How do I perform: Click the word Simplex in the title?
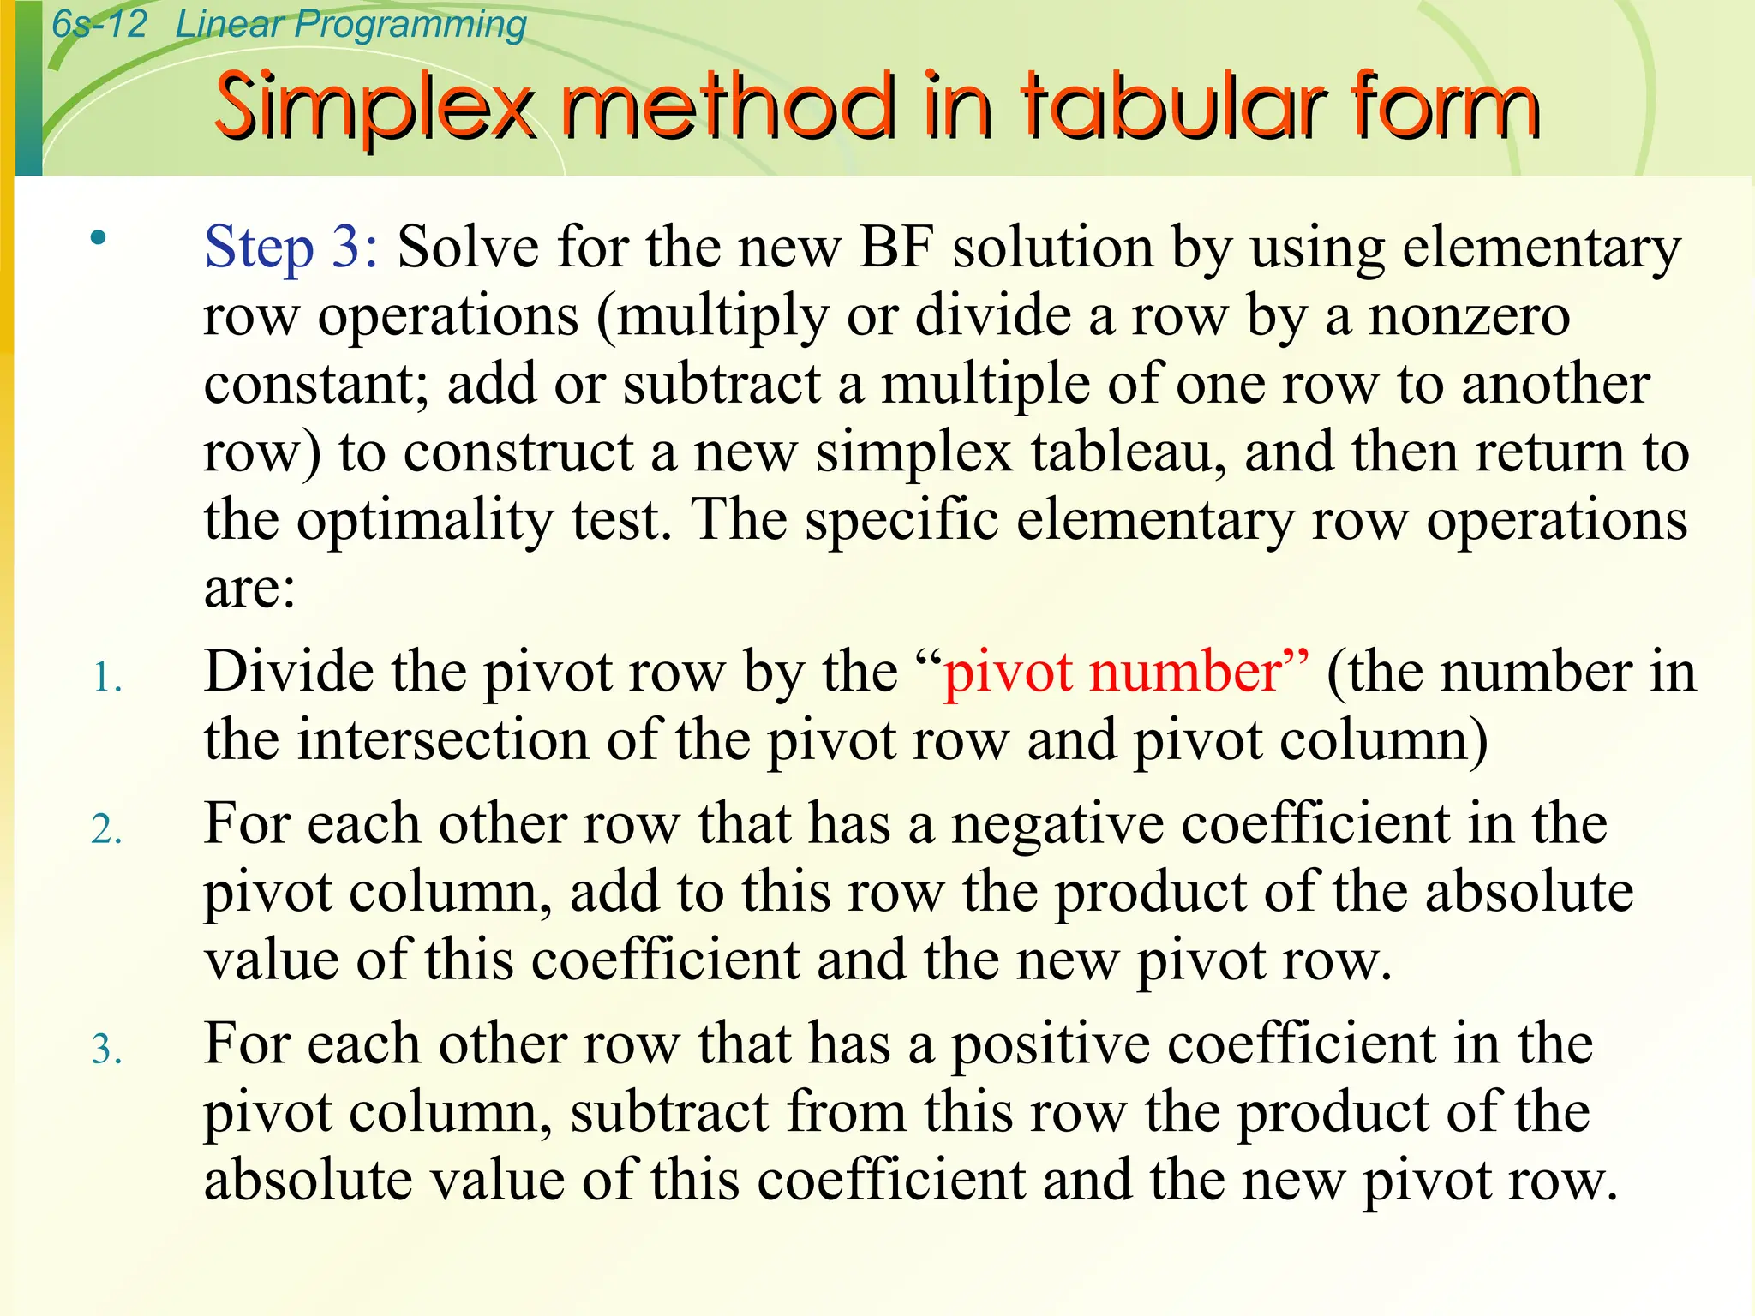tap(374, 107)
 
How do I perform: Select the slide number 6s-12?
tap(99, 24)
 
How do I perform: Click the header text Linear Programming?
tap(350, 24)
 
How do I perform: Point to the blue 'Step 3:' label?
tap(291, 248)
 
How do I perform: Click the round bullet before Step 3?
tap(99, 237)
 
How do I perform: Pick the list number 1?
tap(106, 678)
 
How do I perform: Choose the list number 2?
tap(106, 830)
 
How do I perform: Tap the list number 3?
tap(106, 1050)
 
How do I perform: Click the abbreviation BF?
tap(896, 248)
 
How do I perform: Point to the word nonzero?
tap(1469, 316)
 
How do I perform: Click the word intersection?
tap(443, 740)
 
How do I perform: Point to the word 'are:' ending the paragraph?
tap(249, 589)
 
